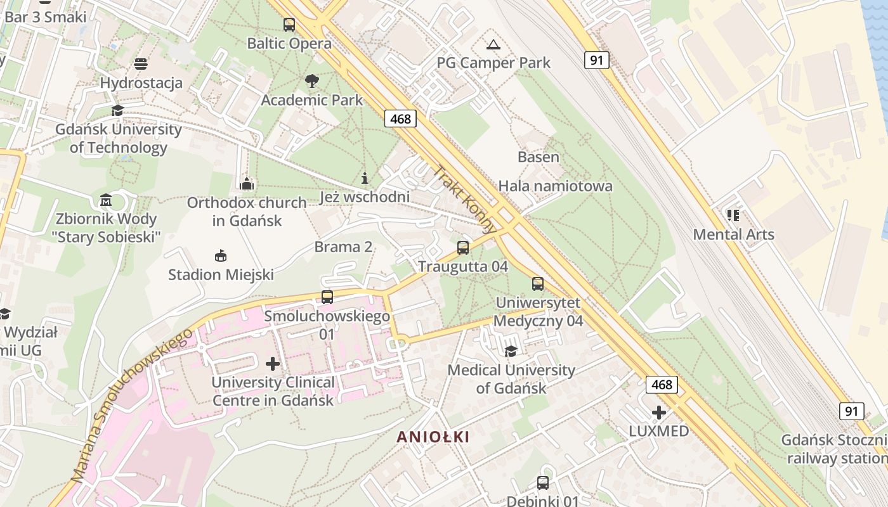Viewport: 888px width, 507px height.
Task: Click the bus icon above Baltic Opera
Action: [289, 25]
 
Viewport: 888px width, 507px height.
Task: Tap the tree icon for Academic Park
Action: [311, 81]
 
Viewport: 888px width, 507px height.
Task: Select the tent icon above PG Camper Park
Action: [493, 44]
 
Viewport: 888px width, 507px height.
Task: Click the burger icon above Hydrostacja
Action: [141, 64]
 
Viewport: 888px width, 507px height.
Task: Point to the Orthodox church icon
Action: [247, 184]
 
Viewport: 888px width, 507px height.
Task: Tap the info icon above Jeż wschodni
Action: [364, 178]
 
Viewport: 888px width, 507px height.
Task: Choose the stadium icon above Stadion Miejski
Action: [221, 256]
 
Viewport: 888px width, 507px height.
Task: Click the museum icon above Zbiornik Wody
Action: [106, 201]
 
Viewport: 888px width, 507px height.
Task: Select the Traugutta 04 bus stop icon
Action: [463, 248]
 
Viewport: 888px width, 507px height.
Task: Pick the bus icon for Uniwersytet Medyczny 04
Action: [538, 284]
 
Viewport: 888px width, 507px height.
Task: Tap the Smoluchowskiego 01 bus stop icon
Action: [327, 297]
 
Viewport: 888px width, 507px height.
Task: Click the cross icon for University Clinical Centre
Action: [273, 364]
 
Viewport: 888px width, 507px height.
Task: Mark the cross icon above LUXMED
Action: [659, 413]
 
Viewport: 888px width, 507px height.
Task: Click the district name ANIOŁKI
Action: [433, 437]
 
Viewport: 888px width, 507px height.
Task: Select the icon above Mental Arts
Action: [733, 215]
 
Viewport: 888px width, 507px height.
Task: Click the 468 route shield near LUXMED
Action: [662, 385]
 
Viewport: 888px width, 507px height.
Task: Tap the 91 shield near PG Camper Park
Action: [596, 60]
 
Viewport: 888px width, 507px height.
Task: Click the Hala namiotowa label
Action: [555, 186]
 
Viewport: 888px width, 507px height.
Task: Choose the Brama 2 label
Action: [343, 247]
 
